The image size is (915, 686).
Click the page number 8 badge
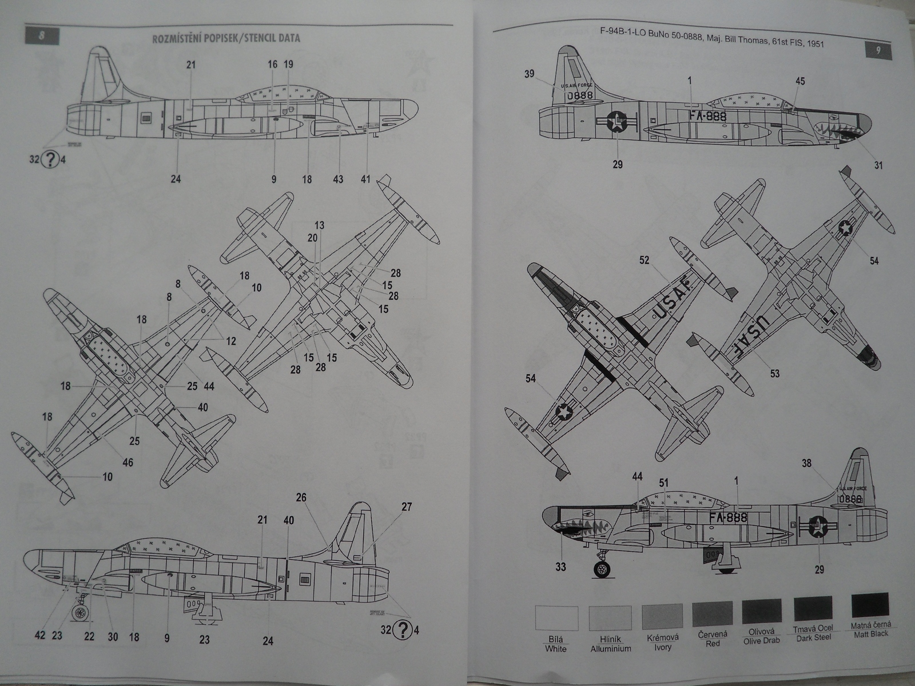tap(41, 36)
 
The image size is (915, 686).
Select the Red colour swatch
tap(713, 613)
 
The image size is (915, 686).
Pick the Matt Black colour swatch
tap(870, 605)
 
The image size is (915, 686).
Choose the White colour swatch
tap(556, 618)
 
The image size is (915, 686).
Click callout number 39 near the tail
tap(530, 74)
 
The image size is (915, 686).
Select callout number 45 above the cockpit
tap(799, 81)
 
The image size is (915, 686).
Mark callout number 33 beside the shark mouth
tap(560, 567)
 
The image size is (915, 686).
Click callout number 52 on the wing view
tap(645, 260)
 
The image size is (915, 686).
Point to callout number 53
tap(774, 374)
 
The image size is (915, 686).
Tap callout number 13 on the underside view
tap(319, 225)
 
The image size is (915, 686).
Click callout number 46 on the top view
tap(128, 462)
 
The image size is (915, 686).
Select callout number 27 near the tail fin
tap(406, 506)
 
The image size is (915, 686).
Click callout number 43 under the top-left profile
tap(338, 179)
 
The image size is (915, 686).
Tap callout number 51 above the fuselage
tap(663, 483)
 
